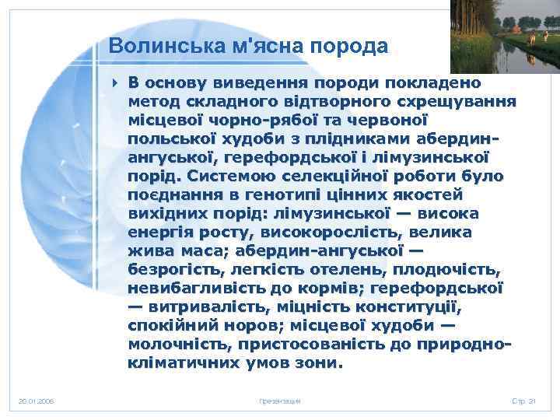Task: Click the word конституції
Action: click(429, 306)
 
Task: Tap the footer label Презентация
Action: click(279, 401)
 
